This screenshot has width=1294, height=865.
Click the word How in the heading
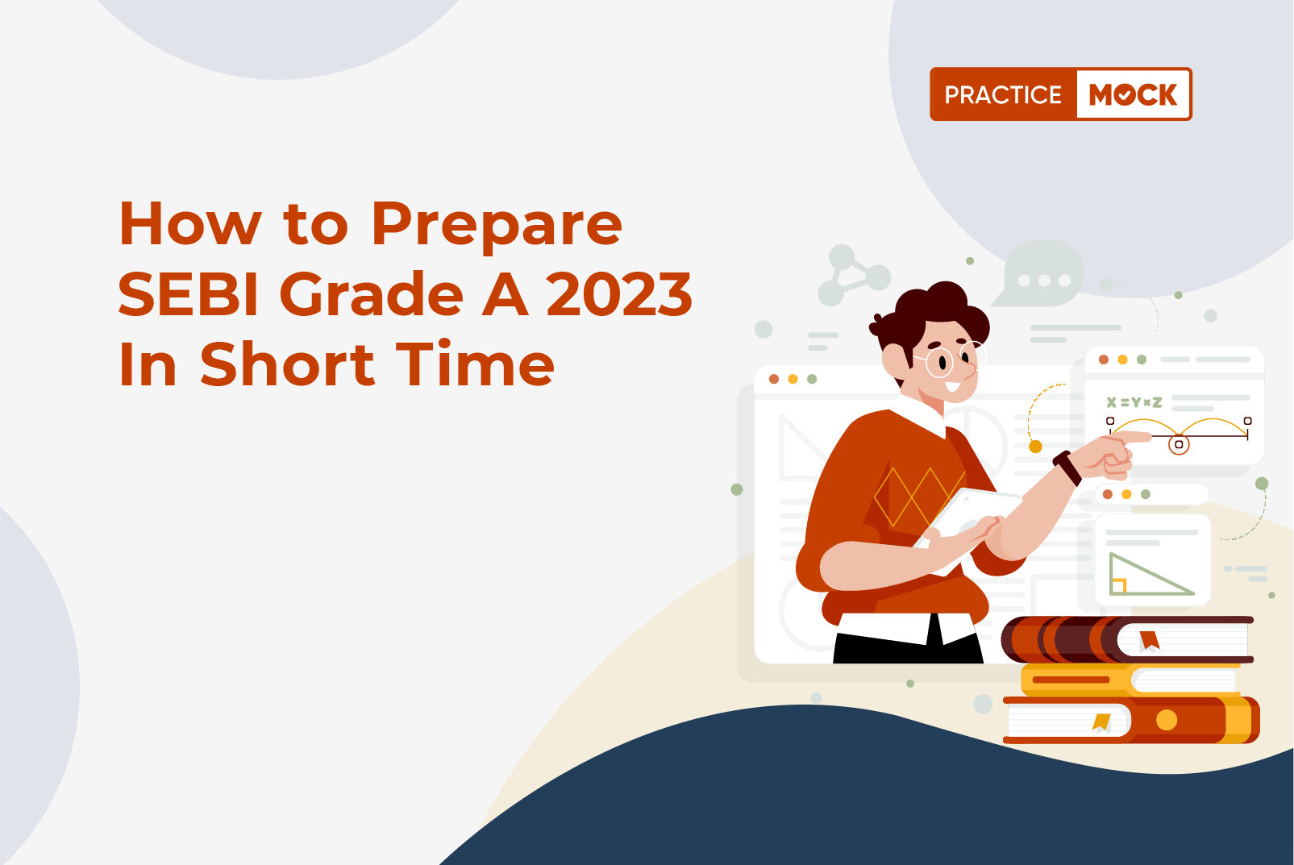coord(190,224)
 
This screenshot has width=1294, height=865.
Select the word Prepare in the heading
coord(497,227)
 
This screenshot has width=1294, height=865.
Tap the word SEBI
coord(188,294)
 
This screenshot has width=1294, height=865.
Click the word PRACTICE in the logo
coord(1004,94)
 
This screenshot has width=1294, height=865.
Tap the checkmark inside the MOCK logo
coord(1125,95)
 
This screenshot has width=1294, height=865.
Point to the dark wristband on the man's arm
coord(1067,468)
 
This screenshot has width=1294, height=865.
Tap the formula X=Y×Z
coord(1134,402)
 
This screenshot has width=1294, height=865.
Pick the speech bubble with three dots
coord(1040,274)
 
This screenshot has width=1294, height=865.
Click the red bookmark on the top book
coord(1150,640)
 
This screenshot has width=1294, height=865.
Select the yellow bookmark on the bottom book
coord(1101,722)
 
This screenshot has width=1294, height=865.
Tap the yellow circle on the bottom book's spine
coord(1167,720)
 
